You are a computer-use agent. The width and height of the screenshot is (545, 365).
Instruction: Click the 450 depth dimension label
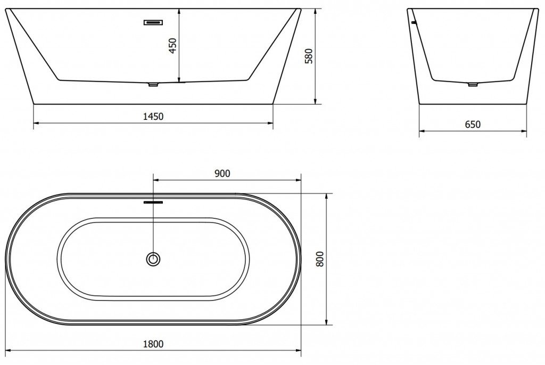click(x=173, y=46)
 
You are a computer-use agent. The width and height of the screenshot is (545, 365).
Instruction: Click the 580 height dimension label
click(x=309, y=56)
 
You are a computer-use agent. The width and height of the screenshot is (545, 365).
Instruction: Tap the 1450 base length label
click(x=153, y=116)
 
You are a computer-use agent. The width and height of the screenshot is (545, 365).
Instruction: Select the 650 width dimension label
click(x=473, y=124)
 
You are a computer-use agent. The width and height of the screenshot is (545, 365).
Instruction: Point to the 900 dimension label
click(x=222, y=173)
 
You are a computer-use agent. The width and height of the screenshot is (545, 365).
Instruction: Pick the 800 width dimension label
click(x=320, y=259)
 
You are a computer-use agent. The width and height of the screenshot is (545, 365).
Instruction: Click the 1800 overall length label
click(x=153, y=344)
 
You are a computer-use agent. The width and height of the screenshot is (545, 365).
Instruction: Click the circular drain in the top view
click(x=153, y=259)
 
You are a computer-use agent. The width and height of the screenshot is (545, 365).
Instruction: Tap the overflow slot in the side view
click(x=154, y=22)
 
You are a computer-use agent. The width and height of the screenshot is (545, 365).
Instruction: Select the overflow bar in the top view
click(x=153, y=202)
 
